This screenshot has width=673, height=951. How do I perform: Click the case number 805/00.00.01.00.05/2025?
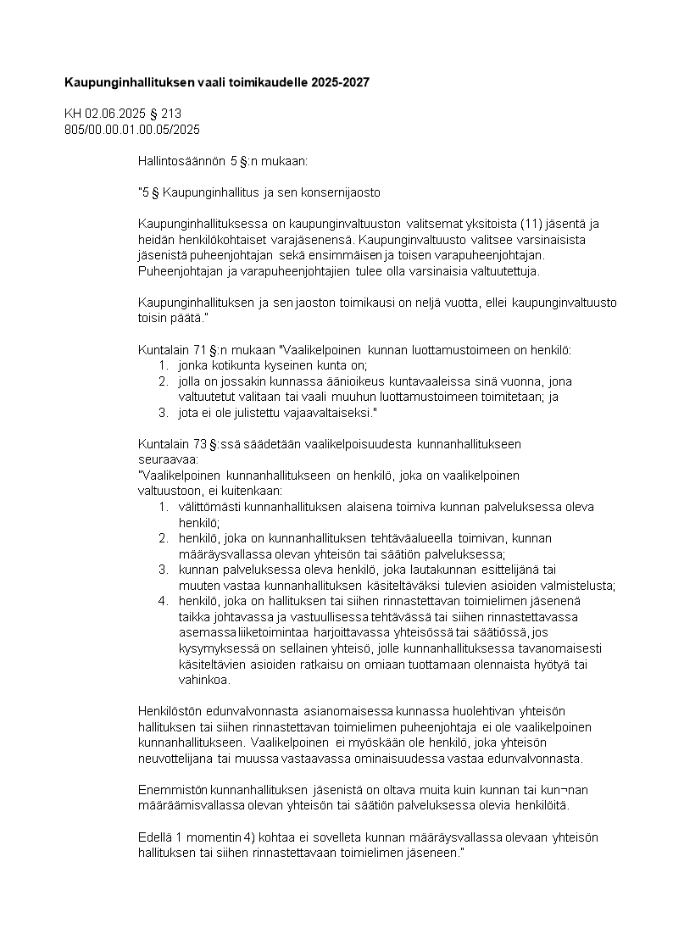point(131,129)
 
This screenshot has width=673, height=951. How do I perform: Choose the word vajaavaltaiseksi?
point(327,413)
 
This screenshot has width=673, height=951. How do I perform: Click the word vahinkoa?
point(199,680)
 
